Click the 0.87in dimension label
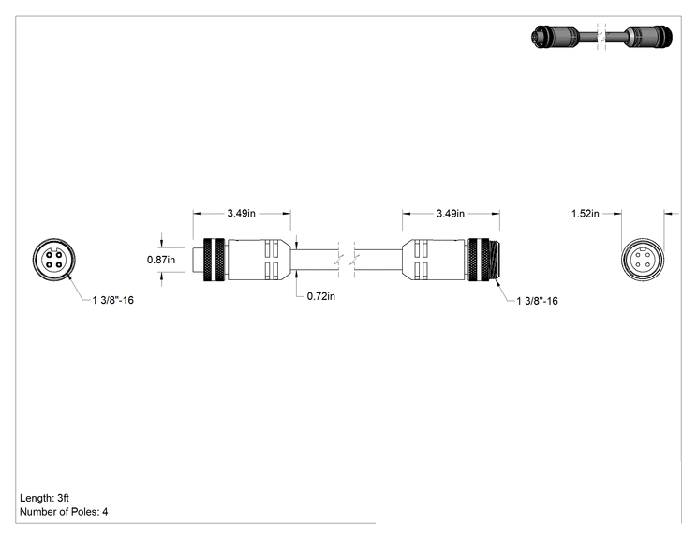161,260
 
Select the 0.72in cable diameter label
321,296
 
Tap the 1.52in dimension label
585,214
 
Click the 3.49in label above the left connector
242,214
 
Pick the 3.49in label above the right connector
451,214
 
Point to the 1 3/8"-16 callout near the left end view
113,301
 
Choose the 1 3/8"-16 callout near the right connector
537,301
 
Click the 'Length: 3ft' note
44,498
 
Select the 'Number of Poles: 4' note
64,512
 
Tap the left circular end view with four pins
53,260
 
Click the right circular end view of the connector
643,260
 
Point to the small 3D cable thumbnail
601,37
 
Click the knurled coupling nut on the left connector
214,260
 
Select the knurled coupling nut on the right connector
479,260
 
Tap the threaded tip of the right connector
495,260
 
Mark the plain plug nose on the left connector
198,260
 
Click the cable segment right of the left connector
314,260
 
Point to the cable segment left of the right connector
378,260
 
